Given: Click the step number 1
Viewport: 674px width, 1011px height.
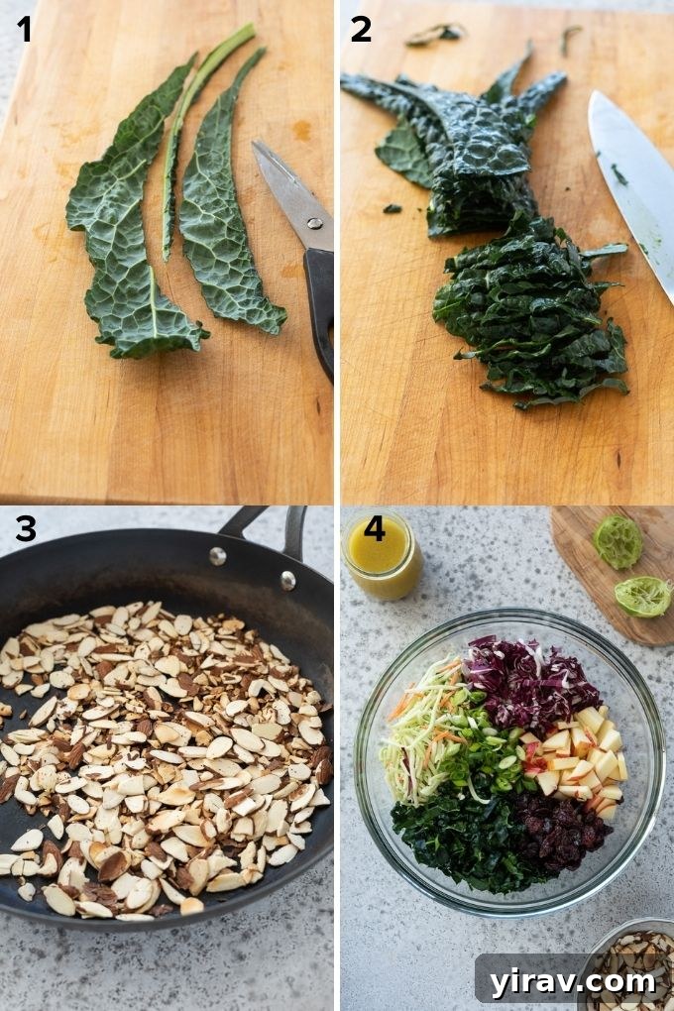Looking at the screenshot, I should pos(25,30).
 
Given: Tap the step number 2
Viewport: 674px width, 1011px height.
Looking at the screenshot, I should pos(361,30).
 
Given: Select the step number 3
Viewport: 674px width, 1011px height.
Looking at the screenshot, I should pos(25,529).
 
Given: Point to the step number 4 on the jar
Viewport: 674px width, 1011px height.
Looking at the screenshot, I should pos(374,528).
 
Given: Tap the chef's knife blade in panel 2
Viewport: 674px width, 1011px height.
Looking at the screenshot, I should pos(634,178).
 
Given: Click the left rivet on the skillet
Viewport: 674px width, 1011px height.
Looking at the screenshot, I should pos(217,555).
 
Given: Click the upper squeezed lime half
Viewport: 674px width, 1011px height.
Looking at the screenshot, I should pos(618,542).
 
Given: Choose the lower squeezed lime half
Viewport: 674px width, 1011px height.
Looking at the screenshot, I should pos(642,596).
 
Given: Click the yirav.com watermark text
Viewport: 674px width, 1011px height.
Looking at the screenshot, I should pos(573,981).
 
